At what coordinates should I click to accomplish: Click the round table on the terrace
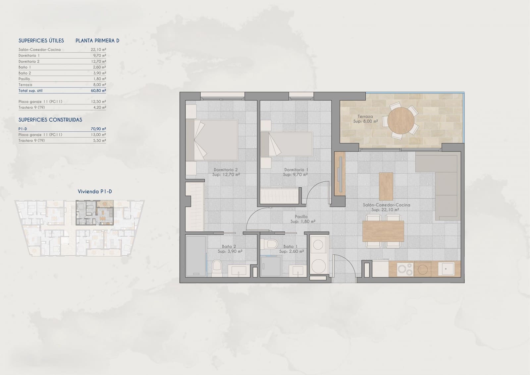click(x=401, y=121)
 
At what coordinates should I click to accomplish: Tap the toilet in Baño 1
click(x=269, y=244)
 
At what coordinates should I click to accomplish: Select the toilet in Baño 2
click(x=217, y=268)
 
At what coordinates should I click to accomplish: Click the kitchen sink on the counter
click(x=446, y=269)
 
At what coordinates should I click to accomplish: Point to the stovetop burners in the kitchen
click(x=405, y=269)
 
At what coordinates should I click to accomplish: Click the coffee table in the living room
click(x=386, y=186)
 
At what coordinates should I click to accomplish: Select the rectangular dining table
click(x=383, y=231)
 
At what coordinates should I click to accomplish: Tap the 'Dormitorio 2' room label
click(x=226, y=170)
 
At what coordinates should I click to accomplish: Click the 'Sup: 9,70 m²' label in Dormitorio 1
click(x=295, y=175)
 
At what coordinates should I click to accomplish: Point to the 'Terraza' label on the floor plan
click(x=365, y=117)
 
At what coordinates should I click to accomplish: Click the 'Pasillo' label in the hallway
click(x=301, y=217)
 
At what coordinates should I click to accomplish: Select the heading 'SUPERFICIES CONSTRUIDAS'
click(x=50, y=120)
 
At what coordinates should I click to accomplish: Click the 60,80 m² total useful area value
click(x=98, y=91)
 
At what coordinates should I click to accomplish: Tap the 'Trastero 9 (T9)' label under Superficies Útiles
click(x=32, y=107)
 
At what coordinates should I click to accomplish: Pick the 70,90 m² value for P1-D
click(x=98, y=129)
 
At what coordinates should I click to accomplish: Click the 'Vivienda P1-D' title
click(x=95, y=191)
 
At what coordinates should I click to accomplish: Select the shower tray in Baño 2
click(x=196, y=256)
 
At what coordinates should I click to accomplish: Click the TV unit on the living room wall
click(x=340, y=174)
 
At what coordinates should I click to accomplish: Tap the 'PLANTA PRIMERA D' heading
click(x=97, y=41)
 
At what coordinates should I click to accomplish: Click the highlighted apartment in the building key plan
click(x=95, y=213)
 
